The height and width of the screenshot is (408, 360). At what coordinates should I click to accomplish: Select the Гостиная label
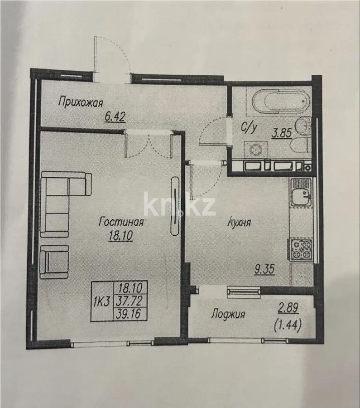[x=121, y=222]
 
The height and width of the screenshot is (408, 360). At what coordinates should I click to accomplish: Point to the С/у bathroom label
[x=249, y=128]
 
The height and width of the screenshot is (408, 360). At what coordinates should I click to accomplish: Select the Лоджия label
[x=229, y=314]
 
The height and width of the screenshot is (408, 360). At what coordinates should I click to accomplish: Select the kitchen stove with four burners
[x=301, y=249]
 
